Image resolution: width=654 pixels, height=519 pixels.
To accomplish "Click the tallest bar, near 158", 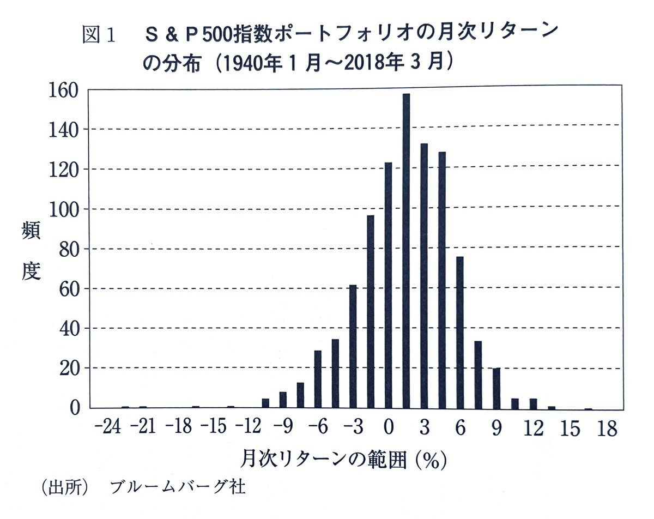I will (406, 251).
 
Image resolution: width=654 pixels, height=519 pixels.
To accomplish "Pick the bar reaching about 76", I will (460, 332).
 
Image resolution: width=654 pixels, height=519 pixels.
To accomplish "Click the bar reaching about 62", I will (353, 346).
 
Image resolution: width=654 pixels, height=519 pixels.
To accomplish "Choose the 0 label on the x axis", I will (388, 429).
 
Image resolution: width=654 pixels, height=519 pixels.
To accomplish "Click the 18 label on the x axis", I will (606, 429).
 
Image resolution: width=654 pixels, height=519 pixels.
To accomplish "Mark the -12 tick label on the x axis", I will (250, 429).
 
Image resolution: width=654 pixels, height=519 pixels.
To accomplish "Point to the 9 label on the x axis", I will (496, 429).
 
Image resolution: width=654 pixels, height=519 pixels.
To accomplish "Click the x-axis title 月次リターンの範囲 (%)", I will (343, 460).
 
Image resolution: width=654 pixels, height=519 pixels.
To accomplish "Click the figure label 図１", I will (98, 35).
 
